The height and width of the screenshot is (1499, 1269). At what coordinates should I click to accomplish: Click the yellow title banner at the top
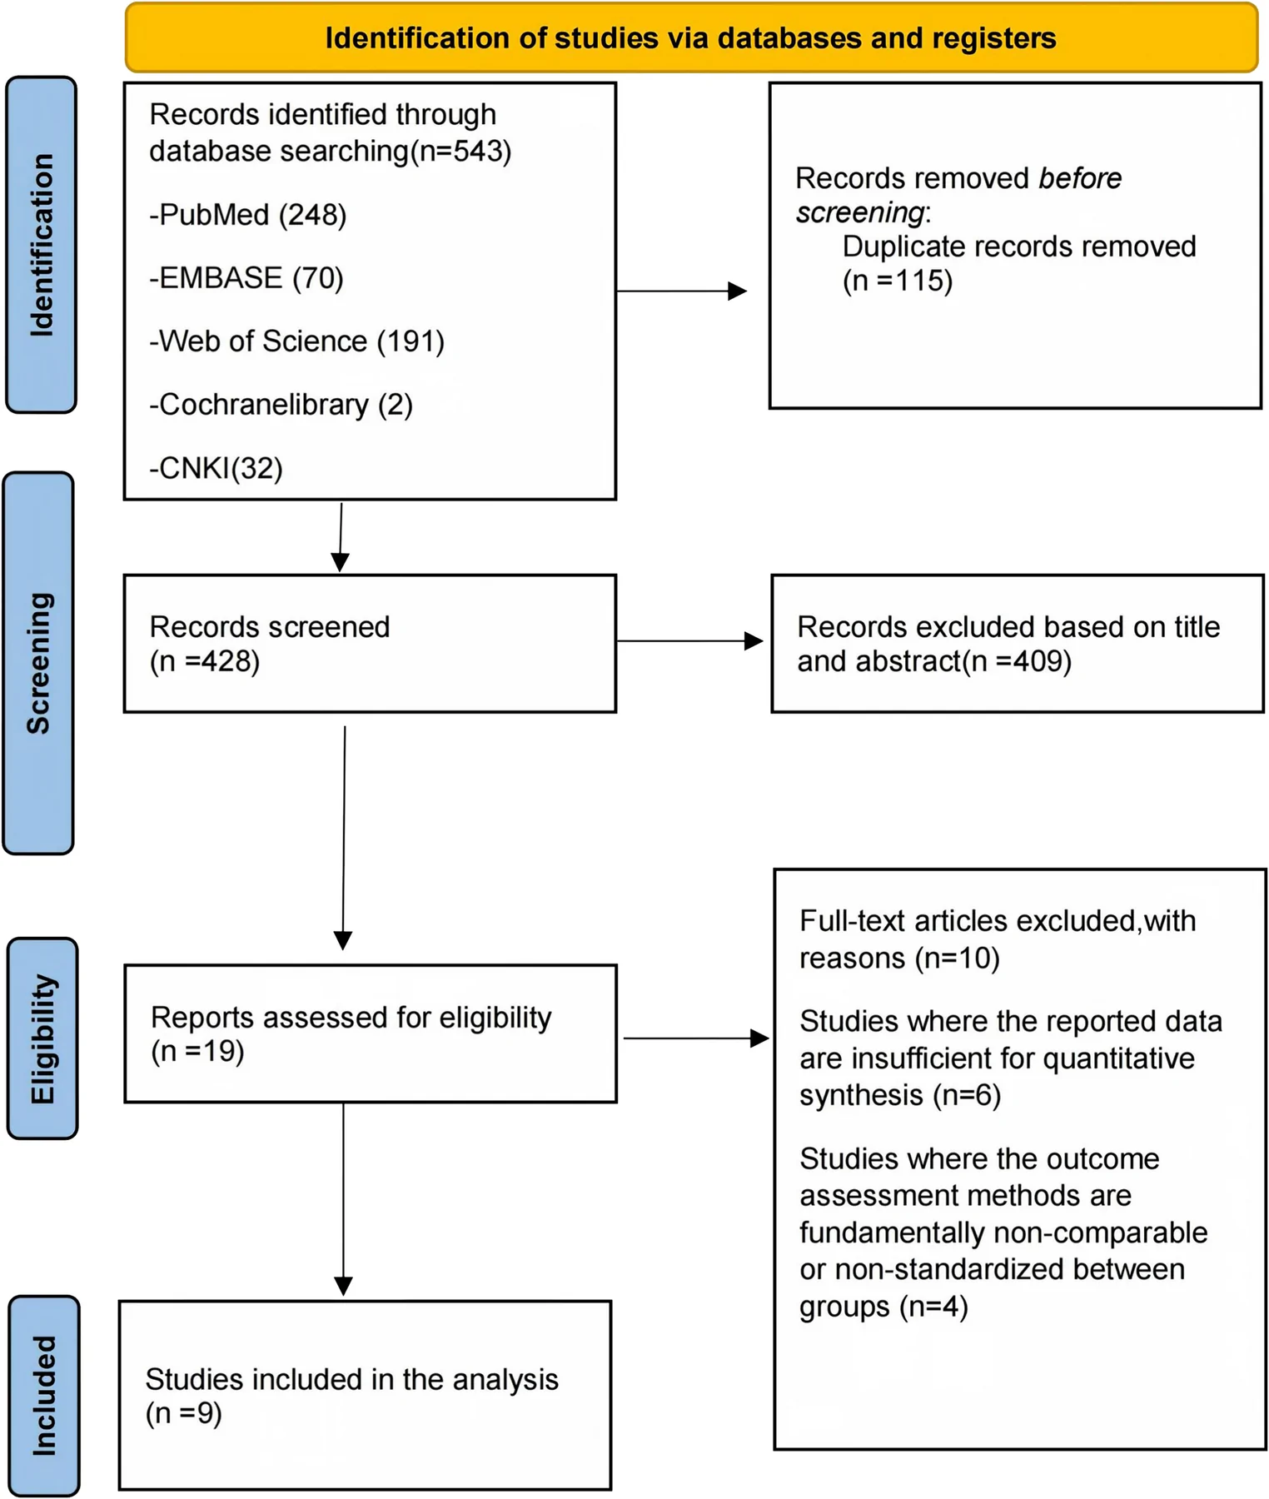click(x=691, y=38)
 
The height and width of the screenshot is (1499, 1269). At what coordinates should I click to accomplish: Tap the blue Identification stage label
click(x=42, y=245)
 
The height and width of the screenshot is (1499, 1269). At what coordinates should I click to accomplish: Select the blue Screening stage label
click(x=39, y=664)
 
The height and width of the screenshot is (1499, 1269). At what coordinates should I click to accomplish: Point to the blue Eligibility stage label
click(x=42, y=1038)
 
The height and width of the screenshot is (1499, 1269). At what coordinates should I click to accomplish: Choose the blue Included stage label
click(x=44, y=1396)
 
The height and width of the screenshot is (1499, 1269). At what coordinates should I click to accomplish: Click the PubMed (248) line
click(x=248, y=215)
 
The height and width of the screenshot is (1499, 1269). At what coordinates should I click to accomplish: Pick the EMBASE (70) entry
click(x=246, y=278)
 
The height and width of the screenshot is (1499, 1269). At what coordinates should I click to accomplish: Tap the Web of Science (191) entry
click(x=297, y=341)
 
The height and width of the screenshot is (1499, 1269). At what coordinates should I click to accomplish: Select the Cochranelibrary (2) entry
click(x=281, y=405)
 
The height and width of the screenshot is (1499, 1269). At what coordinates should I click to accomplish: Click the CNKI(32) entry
click(x=216, y=468)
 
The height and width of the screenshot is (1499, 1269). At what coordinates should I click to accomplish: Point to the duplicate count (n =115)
click(x=898, y=281)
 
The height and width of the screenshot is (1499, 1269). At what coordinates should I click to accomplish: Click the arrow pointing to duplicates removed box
click(x=681, y=291)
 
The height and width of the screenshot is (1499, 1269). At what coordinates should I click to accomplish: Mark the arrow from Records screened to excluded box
click(x=690, y=641)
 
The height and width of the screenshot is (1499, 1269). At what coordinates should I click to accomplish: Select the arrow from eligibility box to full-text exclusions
click(x=696, y=1038)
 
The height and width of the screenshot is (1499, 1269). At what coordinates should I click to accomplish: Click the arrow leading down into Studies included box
click(x=343, y=1199)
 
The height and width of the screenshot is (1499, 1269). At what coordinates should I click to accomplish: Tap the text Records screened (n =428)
click(x=270, y=644)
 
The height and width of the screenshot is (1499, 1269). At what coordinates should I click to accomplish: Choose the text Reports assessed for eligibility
click(x=351, y=1018)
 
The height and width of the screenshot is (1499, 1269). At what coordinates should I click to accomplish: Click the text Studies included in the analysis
click(x=352, y=1380)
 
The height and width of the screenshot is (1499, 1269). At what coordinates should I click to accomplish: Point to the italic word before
click(x=1080, y=178)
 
